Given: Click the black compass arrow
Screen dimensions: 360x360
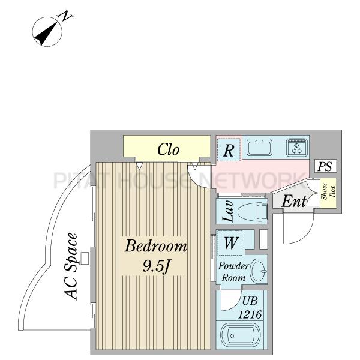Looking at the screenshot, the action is click(x=46, y=34).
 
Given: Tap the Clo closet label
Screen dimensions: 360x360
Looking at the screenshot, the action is click(x=168, y=149).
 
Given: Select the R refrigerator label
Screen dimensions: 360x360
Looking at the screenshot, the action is click(x=229, y=151).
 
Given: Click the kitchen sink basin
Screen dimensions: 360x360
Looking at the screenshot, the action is click(x=260, y=147).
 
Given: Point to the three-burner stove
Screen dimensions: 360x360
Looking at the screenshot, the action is click(x=297, y=147).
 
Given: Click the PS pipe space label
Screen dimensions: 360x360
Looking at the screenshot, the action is click(x=325, y=166).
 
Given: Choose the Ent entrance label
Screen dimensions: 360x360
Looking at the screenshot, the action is click(x=293, y=202).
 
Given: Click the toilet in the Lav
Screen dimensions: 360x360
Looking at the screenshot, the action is click(x=253, y=211).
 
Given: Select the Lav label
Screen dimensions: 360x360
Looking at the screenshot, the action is click(x=228, y=211).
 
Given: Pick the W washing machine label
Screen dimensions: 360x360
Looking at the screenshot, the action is click(x=230, y=243).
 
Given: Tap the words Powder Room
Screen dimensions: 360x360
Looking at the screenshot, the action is click(x=233, y=272).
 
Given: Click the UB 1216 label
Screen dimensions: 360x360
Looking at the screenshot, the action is click(x=250, y=307).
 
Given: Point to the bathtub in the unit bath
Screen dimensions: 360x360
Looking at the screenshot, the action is click(x=241, y=336).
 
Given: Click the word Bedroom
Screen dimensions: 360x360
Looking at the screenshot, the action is click(x=156, y=246).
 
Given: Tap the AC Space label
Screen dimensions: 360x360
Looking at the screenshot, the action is click(x=71, y=266).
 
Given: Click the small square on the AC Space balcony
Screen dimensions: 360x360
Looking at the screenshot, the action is click(x=85, y=258).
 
